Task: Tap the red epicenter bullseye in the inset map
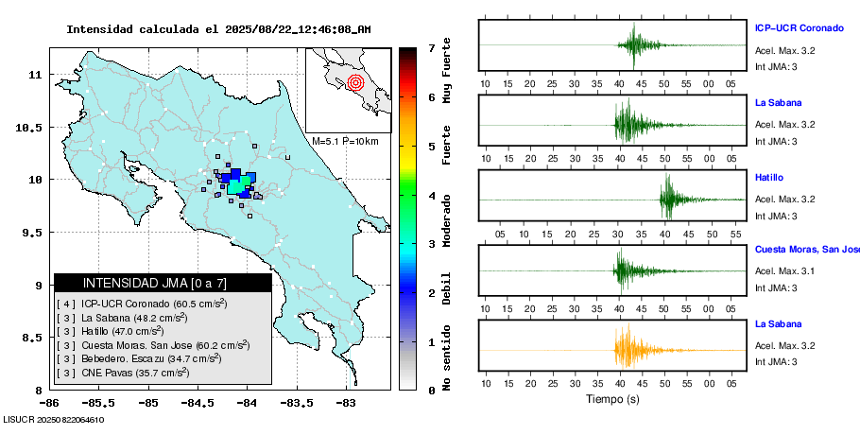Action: (355, 82)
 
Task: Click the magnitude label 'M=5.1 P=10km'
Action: (345, 142)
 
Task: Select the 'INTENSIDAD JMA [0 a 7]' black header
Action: (162, 283)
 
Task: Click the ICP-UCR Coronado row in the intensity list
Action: (142, 304)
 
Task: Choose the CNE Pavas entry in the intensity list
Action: (123, 373)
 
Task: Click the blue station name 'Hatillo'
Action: (768, 178)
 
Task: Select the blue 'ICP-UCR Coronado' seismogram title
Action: (798, 27)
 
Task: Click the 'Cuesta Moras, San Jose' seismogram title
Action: (806, 250)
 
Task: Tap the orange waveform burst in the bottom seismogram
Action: (626, 349)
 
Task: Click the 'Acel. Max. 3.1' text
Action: (784, 271)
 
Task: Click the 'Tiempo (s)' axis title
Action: (612, 399)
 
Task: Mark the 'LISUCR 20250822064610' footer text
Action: (53, 419)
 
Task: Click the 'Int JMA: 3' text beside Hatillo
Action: (776, 217)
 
